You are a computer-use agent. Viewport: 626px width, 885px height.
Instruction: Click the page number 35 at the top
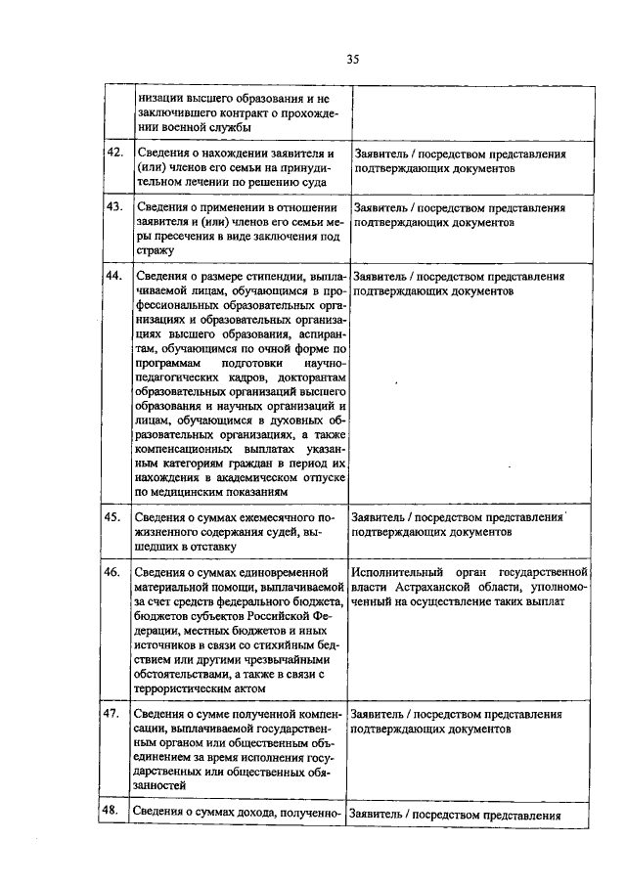[353, 60]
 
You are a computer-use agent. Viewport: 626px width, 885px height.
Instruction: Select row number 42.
[113, 154]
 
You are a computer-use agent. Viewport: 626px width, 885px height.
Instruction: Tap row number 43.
[113, 207]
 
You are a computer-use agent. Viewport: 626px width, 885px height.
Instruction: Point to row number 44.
[113, 277]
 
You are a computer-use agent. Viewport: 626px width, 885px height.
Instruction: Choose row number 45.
[113, 516]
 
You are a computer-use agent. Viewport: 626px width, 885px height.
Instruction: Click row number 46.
[113, 571]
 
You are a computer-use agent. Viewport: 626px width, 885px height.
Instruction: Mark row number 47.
[113, 714]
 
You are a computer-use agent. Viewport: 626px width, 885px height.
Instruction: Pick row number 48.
[113, 813]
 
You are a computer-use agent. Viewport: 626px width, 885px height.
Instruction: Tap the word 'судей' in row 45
[283, 533]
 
